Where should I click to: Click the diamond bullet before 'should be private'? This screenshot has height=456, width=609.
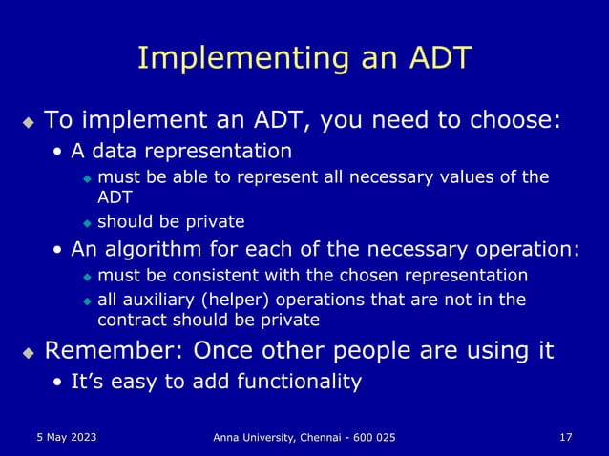coord(87,223)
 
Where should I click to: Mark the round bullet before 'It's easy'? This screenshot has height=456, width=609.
coord(59,383)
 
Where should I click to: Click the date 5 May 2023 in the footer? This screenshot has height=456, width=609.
coord(61,436)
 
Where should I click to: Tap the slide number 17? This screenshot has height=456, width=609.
coord(566,436)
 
